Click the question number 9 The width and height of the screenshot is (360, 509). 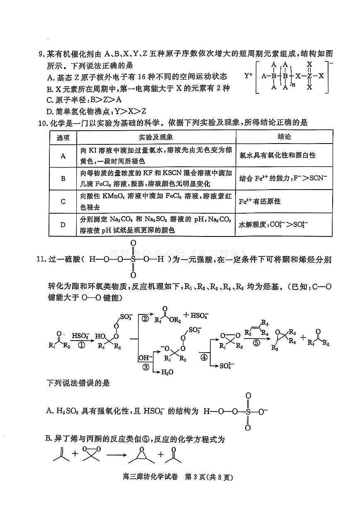(41, 54)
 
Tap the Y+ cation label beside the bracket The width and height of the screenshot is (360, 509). (248, 76)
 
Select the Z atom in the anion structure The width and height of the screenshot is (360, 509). (309, 76)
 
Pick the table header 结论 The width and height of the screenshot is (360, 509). (284, 137)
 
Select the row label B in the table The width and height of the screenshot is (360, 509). (63, 178)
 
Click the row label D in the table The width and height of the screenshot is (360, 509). (63, 225)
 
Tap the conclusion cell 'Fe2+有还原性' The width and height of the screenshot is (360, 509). (260, 202)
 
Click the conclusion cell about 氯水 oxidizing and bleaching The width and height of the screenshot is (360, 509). (277, 155)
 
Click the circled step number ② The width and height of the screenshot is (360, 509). (145, 319)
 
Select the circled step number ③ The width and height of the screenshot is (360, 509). (145, 366)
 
